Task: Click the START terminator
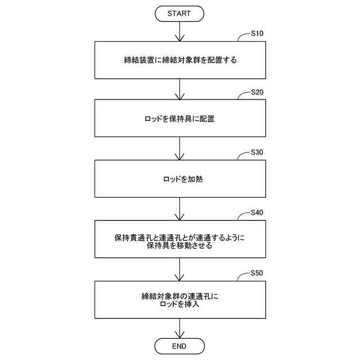coord(179,13)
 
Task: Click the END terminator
coord(179,345)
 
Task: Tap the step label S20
coord(257,93)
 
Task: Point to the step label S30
coord(257,152)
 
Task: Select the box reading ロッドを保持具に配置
coord(179,119)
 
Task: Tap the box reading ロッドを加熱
coord(179,179)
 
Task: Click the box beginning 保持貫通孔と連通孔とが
coord(179,240)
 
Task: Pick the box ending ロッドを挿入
coord(179,300)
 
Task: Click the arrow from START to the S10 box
coord(179,31)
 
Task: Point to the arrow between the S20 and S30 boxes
coord(179,148)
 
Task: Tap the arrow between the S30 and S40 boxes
coord(179,209)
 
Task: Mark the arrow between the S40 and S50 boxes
coord(179,270)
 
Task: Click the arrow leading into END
coord(179,328)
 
